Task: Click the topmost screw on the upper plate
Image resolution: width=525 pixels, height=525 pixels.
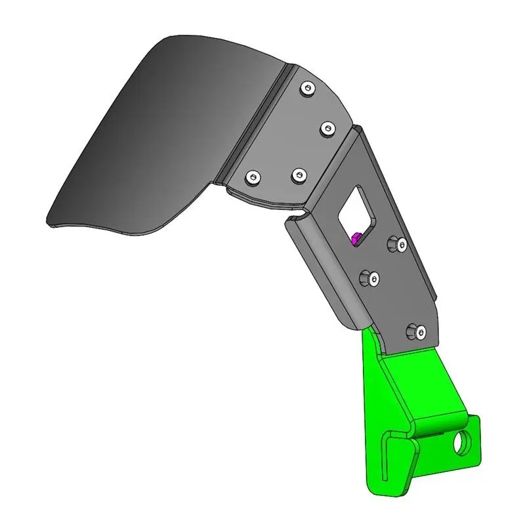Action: (307, 88)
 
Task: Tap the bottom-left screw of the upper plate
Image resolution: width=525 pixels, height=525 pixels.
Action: (252, 177)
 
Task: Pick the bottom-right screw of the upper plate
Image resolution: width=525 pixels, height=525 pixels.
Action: (299, 175)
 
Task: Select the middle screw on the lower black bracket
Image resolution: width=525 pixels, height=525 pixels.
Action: (369, 278)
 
